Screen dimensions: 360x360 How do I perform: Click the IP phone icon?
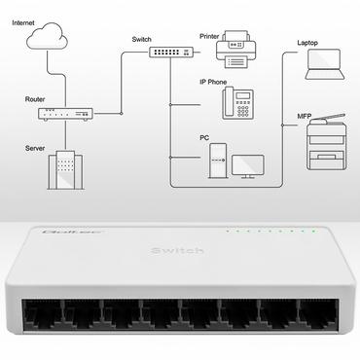[236, 102]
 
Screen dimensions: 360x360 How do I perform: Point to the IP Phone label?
[214, 82]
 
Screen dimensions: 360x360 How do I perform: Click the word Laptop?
[307, 44]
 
